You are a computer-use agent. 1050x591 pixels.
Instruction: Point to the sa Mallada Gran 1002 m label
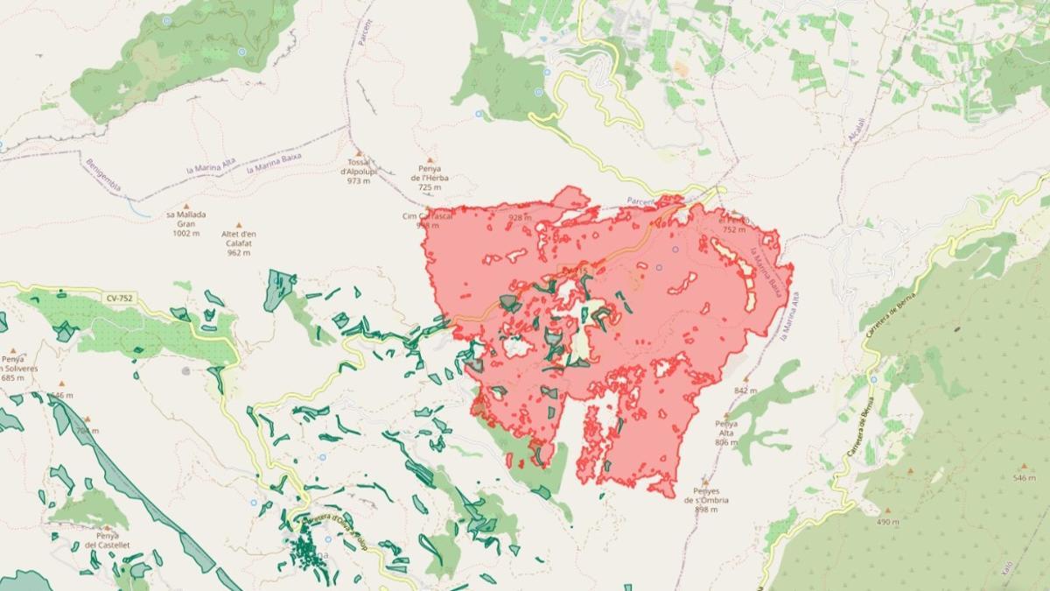pos(185,223)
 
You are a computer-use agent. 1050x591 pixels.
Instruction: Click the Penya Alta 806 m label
pos(726,433)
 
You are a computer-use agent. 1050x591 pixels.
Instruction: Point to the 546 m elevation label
pos(1024,478)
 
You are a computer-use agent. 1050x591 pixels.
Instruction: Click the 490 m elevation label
pos(887,522)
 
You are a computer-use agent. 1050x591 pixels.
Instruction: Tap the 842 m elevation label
pos(745,390)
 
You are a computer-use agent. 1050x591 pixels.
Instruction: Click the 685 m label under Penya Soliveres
pos(13,378)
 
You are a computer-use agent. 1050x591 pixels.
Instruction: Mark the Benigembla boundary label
pos(103,174)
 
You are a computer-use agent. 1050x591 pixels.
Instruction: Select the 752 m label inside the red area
pos(734,229)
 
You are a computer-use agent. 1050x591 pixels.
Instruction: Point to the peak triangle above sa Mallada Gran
pos(185,207)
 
